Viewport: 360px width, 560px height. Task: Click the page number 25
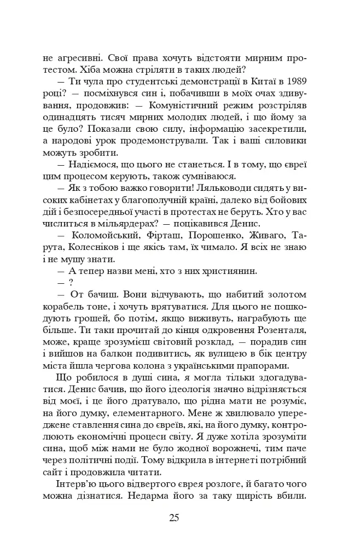(174, 518)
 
